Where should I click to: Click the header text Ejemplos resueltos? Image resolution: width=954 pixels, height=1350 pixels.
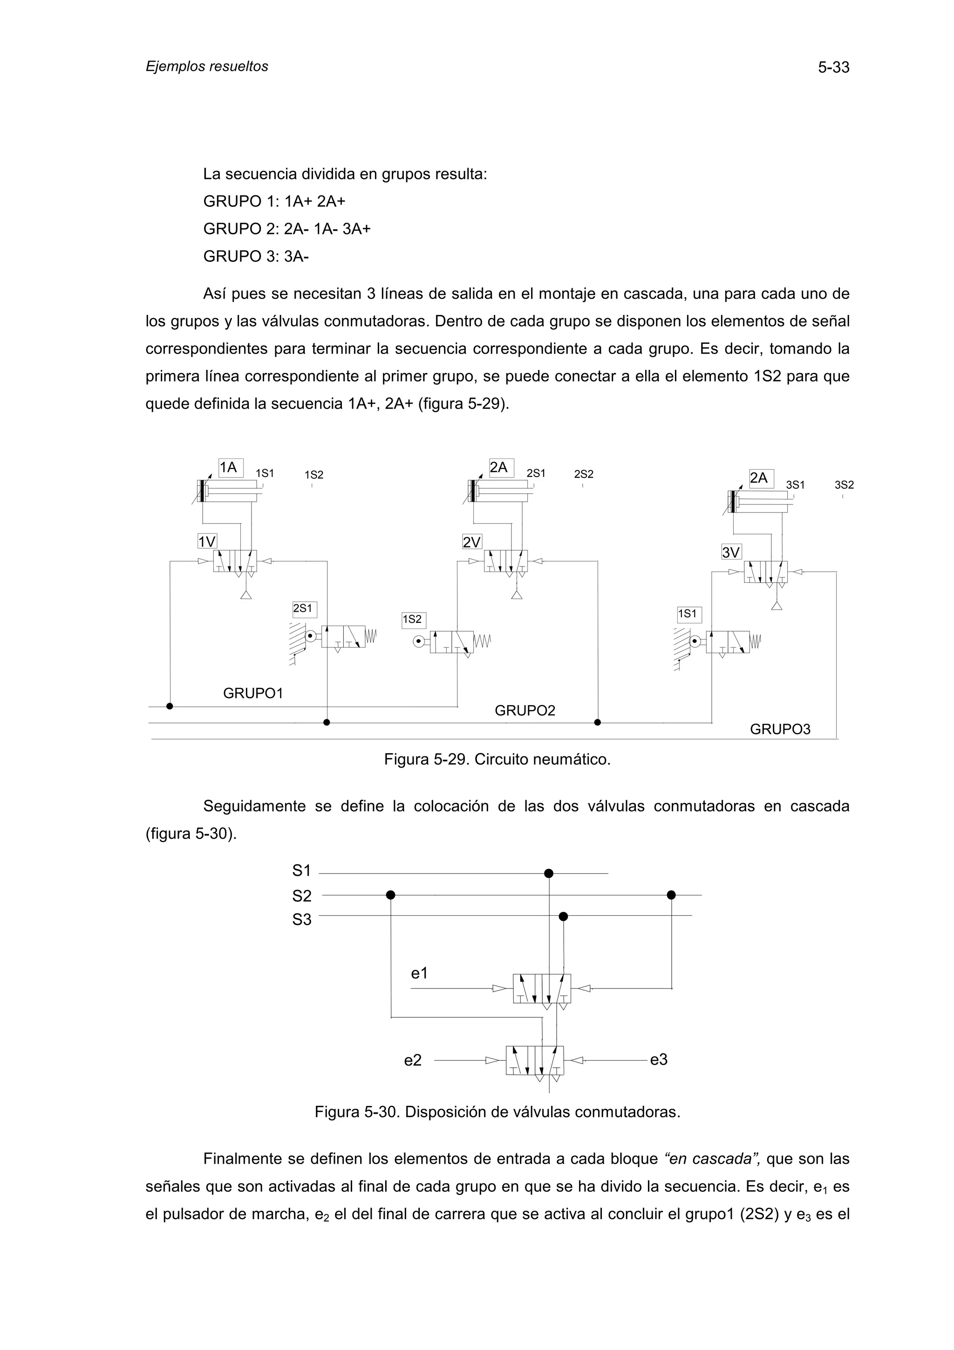tap(207, 67)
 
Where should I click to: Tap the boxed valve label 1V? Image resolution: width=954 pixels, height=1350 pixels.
tap(207, 541)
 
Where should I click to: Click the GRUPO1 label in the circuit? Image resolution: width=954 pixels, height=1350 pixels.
tap(253, 694)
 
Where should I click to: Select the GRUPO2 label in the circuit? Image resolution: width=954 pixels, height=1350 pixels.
tap(525, 711)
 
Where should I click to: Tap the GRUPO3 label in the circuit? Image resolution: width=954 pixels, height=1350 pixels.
tap(779, 730)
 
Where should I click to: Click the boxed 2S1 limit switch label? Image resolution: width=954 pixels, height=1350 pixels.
tap(304, 608)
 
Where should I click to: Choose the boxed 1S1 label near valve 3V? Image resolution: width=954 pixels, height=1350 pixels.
tap(688, 614)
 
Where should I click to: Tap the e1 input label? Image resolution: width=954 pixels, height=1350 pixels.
tap(419, 974)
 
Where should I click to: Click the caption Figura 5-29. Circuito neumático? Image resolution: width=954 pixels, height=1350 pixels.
tap(497, 760)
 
